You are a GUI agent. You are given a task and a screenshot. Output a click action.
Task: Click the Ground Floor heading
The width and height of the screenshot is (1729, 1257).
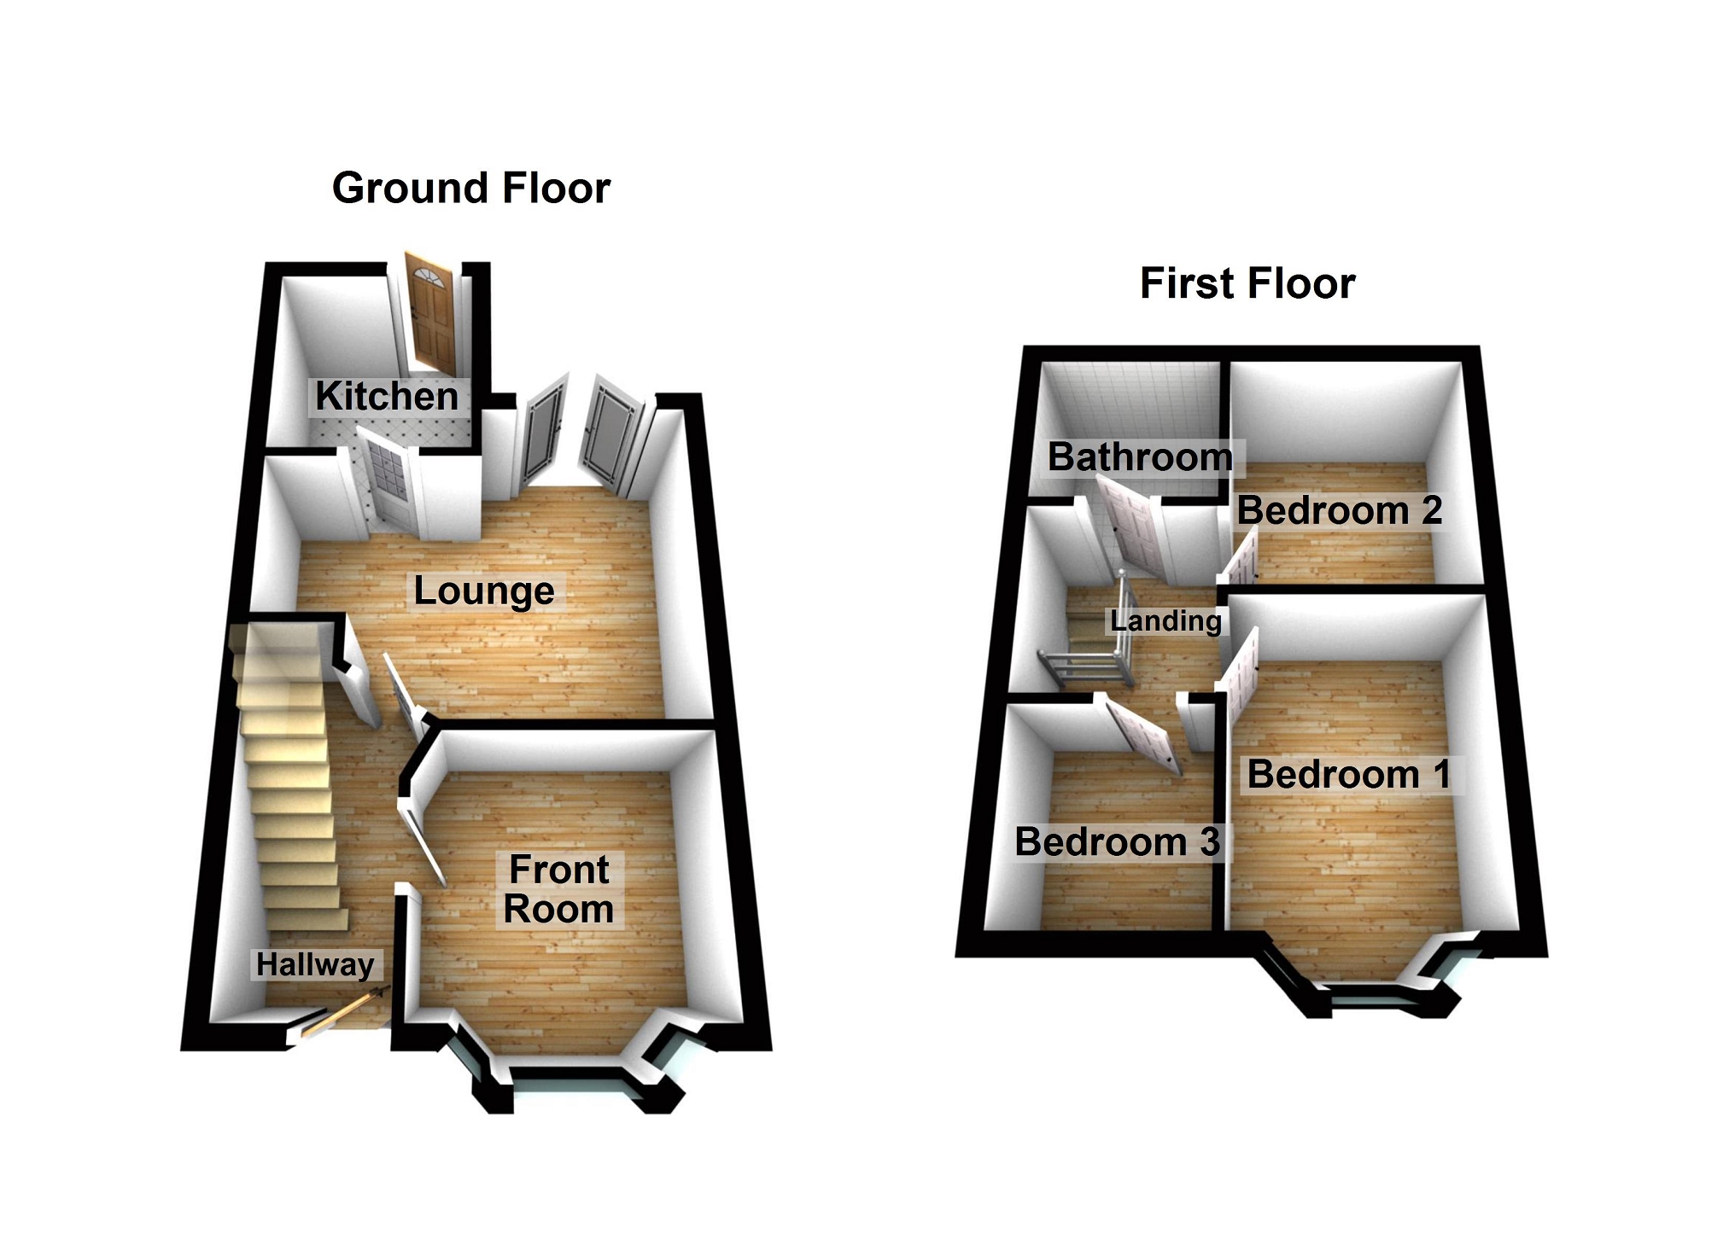coord(470,188)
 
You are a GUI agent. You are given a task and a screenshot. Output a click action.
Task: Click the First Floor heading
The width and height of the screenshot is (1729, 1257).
coord(1247,283)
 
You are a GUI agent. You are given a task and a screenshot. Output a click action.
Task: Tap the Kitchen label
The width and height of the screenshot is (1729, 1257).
coord(387,396)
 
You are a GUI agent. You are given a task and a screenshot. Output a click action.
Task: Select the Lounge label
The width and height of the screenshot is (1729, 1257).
coord(484,591)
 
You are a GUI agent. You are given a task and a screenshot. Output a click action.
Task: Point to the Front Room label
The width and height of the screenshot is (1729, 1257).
coord(558,889)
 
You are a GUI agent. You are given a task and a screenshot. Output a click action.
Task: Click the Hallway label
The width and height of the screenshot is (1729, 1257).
coord(315,964)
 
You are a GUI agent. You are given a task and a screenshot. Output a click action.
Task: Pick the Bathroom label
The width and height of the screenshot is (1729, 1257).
coord(1140,457)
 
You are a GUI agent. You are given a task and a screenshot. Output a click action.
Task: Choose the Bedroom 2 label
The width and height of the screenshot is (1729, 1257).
coord(1339,510)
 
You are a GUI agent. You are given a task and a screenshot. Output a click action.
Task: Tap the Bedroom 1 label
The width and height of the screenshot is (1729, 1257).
coord(1348,774)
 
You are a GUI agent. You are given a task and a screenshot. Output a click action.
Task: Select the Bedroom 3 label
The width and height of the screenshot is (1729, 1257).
coord(1117,842)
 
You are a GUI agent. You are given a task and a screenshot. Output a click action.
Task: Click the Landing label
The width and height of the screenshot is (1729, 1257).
coord(1165,620)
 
